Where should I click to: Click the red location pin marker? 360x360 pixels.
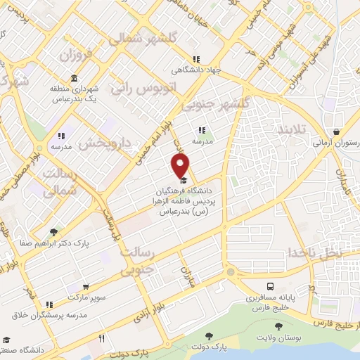click(x=181, y=166)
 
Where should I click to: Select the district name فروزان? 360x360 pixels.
click(x=75, y=53)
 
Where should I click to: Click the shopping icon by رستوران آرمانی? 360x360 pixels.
click(x=337, y=131)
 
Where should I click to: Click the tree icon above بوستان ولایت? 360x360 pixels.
click(x=280, y=326)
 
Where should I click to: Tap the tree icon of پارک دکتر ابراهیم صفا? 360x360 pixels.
click(x=53, y=230)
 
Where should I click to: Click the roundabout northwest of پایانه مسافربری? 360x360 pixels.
click(x=230, y=272)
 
